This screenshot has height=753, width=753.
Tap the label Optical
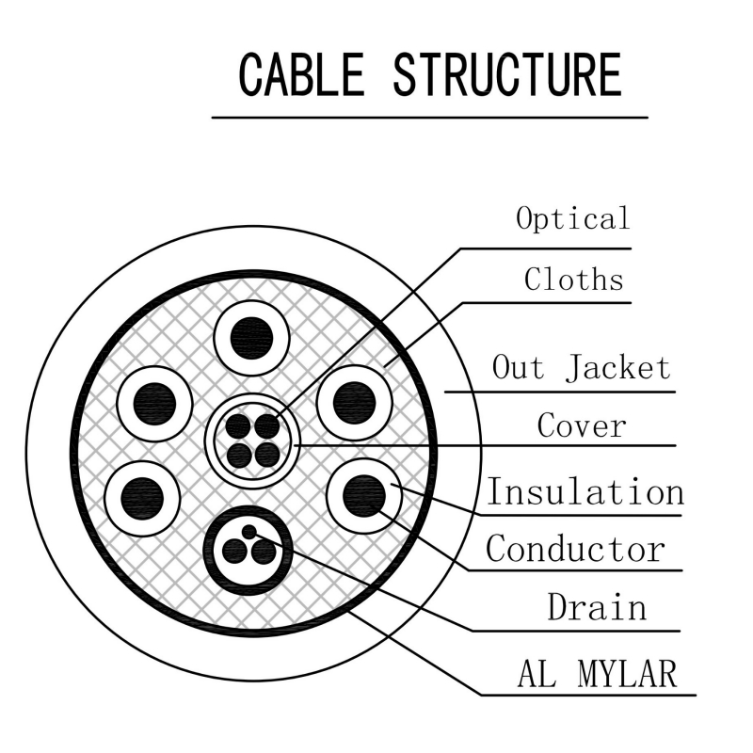(x=572, y=218)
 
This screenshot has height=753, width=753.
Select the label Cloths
(x=574, y=279)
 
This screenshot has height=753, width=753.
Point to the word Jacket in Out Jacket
(x=617, y=367)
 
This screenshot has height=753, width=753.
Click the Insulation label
(x=584, y=491)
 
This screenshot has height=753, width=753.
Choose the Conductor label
(x=575, y=548)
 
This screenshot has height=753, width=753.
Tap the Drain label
(x=597, y=607)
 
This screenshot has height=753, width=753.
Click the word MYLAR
(x=623, y=674)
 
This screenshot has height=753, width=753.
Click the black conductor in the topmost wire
(x=251, y=335)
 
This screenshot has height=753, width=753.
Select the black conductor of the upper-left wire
(x=154, y=403)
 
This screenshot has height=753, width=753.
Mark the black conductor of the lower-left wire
(x=142, y=495)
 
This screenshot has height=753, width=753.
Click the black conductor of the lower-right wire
(x=363, y=493)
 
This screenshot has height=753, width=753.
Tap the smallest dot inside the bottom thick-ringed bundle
(x=248, y=533)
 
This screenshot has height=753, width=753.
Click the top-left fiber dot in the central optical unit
(x=239, y=425)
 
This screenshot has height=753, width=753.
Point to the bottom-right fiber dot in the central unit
(x=267, y=455)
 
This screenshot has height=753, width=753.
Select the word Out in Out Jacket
(x=518, y=367)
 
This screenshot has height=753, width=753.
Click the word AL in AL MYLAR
(x=536, y=674)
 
